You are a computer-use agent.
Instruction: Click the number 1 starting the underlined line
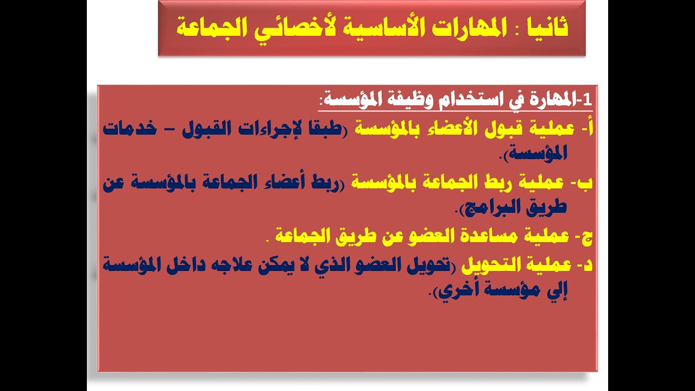pyautogui.click(x=587, y=99)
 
